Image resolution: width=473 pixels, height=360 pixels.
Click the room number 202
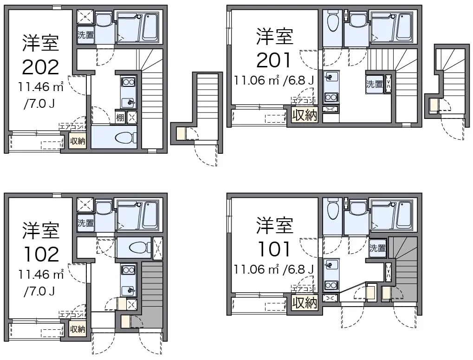pyautogui.click(x=40, y=67)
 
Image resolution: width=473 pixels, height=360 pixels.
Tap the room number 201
pyautogui.click(x=274, y=60)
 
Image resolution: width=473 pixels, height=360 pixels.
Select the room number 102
pyautogui.click(x=41, y=255)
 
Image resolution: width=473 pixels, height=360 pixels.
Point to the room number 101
pyautogui.click(x=274, y=249)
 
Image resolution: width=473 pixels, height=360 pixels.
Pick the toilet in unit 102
pyautogui.click(x=139, y=248)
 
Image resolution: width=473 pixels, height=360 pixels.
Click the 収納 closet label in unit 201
pyautogui.click(x=305, y=115)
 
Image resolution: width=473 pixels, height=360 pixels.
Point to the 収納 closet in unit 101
pyautogui.click(x=305, y=303)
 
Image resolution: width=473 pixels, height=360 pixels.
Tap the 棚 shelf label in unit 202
pyautogui.click(x=120, y=118)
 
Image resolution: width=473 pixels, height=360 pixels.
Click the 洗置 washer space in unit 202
pyautogui.click(x=85, y=35)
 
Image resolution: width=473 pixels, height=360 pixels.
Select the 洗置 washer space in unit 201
pyautogui.click(x=374, y=84)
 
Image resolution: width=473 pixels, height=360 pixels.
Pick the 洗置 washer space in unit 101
pyautogui.click(x=377, y=248)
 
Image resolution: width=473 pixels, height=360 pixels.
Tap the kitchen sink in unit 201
pyautogui.click(x=331, y=78)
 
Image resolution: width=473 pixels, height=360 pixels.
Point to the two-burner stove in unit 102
pyautogui.click(x=128, y=270)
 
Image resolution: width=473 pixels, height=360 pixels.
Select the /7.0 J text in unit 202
pyautogui.click(x=39, y=104)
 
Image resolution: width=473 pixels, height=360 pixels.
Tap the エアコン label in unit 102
pyautogui.click(x=71, y=315)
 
